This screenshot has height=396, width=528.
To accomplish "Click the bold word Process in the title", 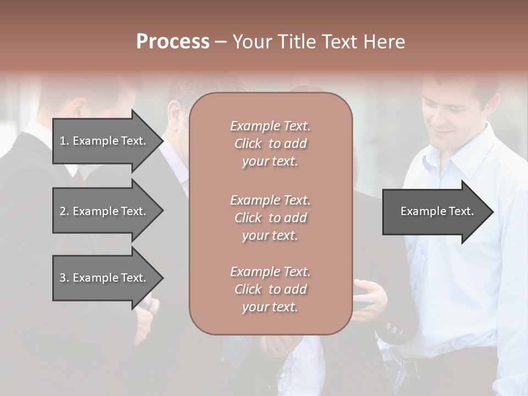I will (173, 42).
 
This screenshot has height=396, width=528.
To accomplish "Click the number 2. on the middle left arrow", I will (64, 211).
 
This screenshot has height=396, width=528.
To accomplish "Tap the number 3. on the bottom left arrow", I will (64, 278).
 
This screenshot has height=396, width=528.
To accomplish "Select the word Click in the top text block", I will (248, 144).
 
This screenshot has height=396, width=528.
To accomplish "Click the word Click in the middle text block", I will (248, 218).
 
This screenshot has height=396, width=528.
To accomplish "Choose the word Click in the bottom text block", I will (248, 289).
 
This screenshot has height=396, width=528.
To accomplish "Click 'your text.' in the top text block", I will (270, 161).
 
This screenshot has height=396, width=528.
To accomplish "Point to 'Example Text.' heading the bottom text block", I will (270, 272).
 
